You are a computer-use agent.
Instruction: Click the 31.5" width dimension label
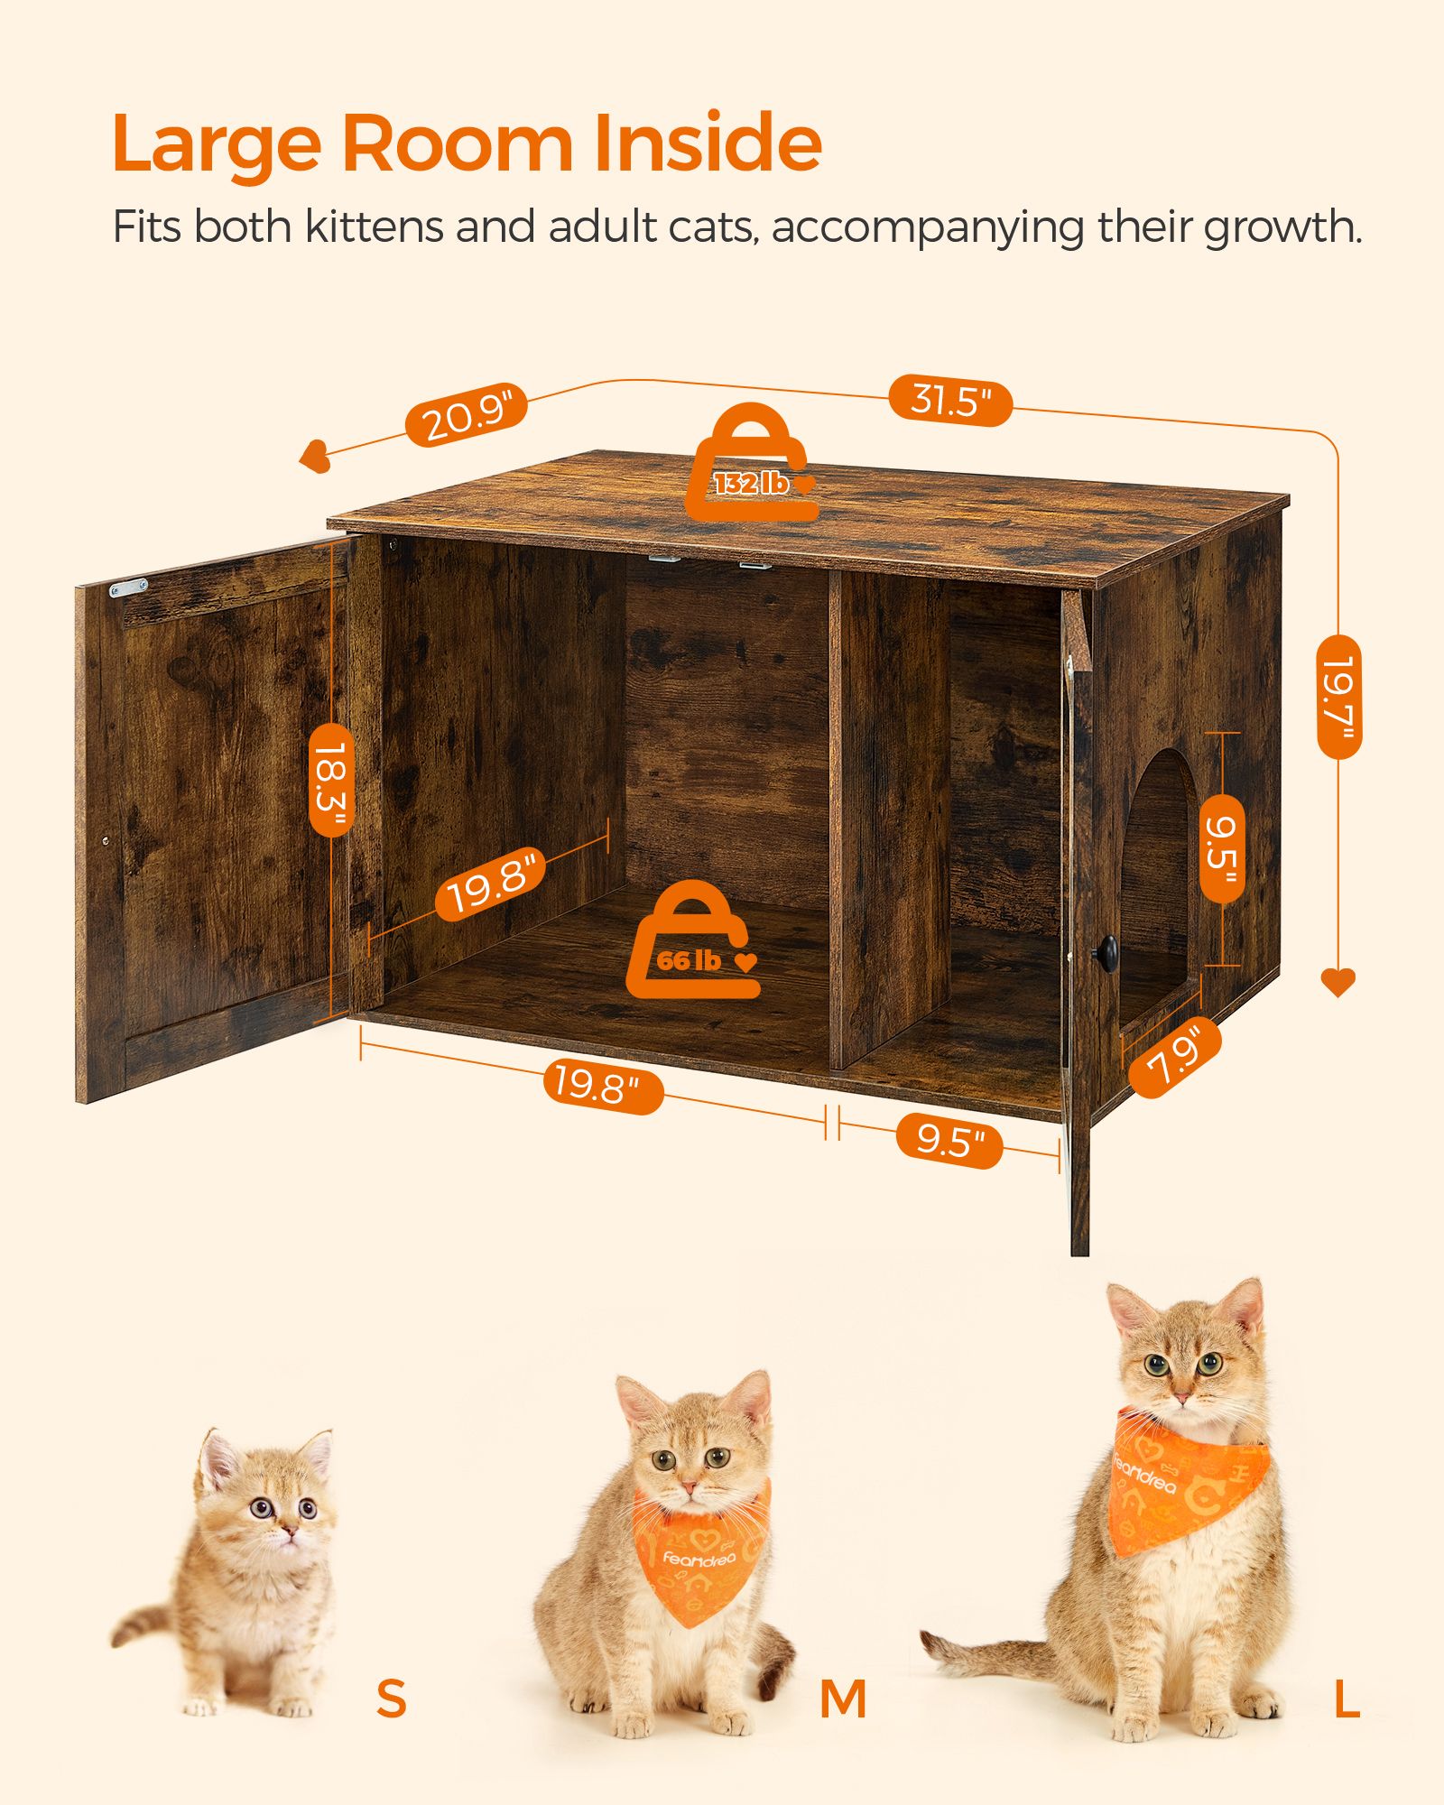point(950,401)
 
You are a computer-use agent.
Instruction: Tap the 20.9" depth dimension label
point(465,414)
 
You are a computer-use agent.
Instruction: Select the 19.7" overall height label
point(1338,696)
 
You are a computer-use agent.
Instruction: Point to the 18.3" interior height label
point(331,779)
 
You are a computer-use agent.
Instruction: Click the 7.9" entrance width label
point(1174,1058)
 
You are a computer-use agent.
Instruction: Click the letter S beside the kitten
point(391,1698)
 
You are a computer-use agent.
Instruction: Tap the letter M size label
point(843,1699)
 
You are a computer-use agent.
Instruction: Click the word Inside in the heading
point(708,144)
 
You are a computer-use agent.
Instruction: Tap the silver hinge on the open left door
point(128,588)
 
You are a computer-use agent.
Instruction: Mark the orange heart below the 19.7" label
point(1338,981)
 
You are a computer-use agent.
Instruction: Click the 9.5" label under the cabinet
point(949,1142)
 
